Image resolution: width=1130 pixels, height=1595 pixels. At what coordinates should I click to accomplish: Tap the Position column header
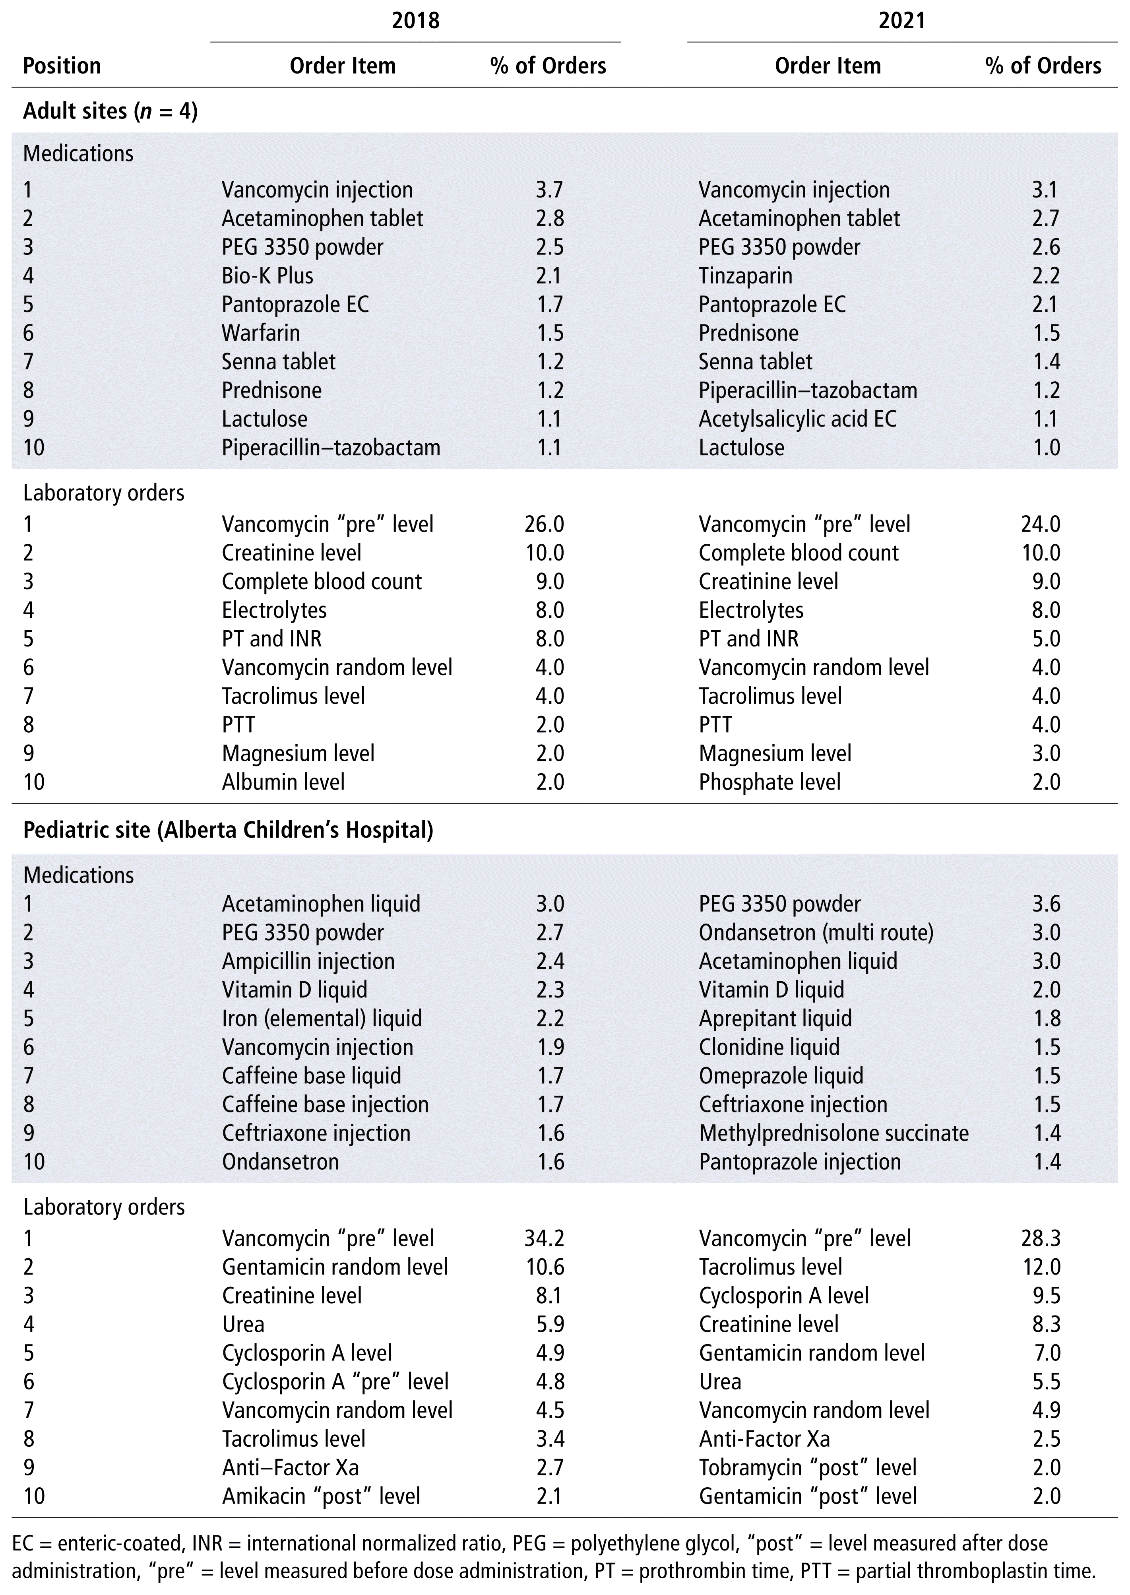point(62,66)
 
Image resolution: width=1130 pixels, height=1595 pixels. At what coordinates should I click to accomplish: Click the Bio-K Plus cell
point(267,276)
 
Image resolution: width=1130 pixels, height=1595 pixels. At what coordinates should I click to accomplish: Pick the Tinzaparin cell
point(745,276)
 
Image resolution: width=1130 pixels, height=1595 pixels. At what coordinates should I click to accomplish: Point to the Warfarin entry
point(261,333)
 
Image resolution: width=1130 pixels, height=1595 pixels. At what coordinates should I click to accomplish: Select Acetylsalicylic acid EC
point(797,419)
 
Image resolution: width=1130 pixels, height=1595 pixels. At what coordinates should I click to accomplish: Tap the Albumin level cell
point(283,782)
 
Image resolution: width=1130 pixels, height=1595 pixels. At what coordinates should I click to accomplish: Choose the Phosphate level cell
point(769,782)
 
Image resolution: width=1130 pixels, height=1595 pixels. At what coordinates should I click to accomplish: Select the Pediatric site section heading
point(228,830)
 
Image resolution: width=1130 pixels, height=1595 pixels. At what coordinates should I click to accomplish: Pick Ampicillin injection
point(308,961)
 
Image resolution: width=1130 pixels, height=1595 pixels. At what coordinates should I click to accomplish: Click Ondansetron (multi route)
point(816,933)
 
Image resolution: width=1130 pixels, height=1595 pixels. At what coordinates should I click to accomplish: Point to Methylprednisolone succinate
point(833,1133)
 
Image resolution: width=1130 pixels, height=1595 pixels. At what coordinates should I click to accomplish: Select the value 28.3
point(1041,1238)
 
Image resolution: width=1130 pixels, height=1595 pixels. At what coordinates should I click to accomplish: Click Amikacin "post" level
point(322,1496)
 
